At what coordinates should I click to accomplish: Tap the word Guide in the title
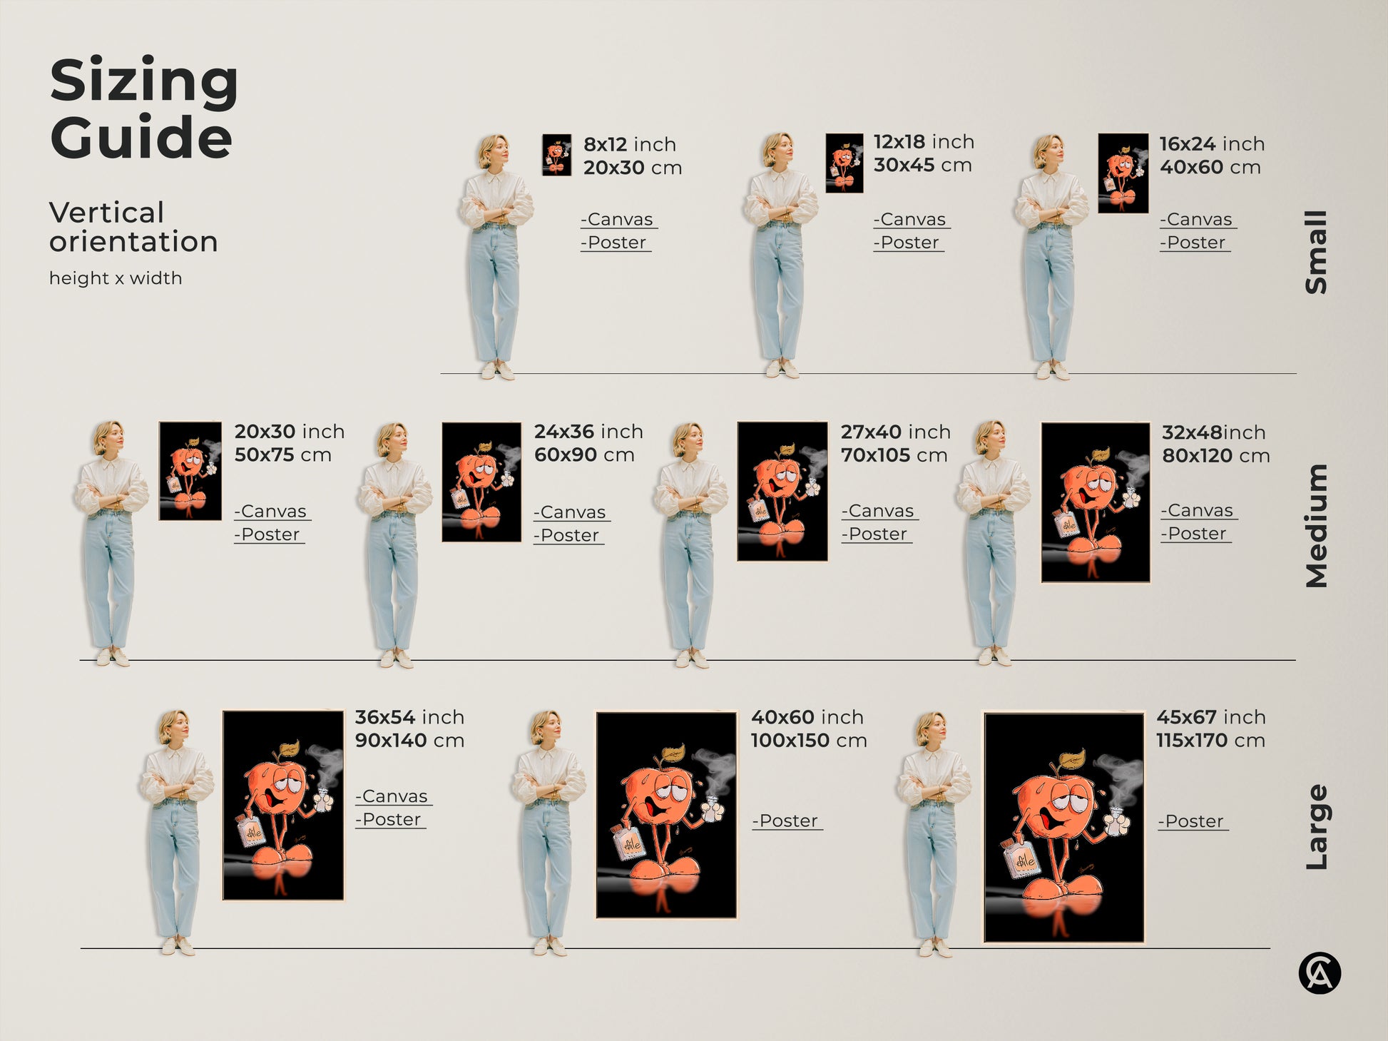(141, 138)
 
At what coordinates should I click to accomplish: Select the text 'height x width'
(116, 278)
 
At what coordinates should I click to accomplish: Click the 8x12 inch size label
(629, 144)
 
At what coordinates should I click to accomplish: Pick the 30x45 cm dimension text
(922, 166)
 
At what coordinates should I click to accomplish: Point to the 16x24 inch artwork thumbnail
(1123, 173)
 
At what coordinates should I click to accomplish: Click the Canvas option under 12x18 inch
(911, 220)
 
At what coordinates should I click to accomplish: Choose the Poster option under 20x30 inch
(269, 535)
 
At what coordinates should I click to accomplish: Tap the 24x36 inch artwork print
(481, 482)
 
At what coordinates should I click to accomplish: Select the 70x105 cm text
(894, 455)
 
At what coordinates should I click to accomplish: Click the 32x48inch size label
(1213, 432)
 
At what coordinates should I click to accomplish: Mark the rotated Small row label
(1316, 252)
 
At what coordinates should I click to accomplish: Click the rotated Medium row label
(1316, 526)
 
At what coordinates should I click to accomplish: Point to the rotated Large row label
(1316, 827)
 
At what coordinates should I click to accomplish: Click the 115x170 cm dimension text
(1210, 741)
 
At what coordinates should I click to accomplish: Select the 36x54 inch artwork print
(283, 805)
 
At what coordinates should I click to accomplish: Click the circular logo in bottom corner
(1319, 973)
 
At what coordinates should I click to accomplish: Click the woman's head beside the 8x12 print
(493, 151)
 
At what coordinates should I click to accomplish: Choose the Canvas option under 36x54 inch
(393, 796)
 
